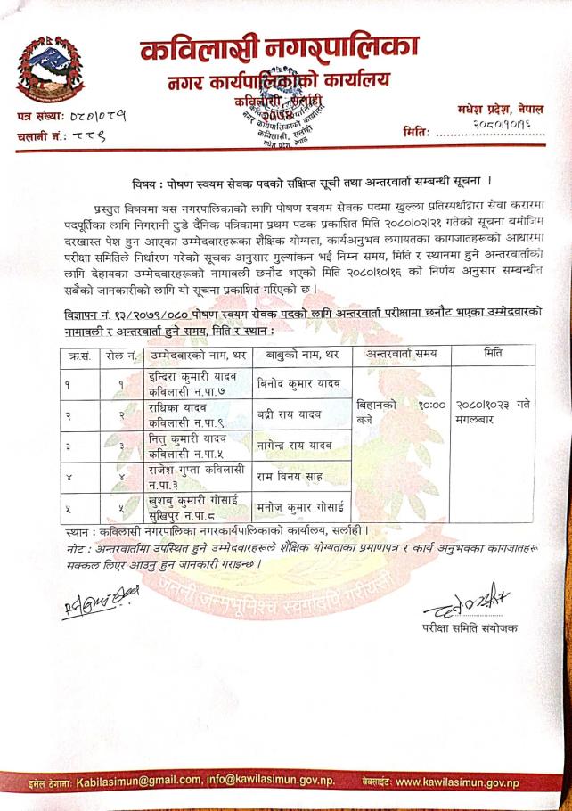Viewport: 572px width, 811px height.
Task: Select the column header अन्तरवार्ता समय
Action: pyautogui.click(x=396, y=355)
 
